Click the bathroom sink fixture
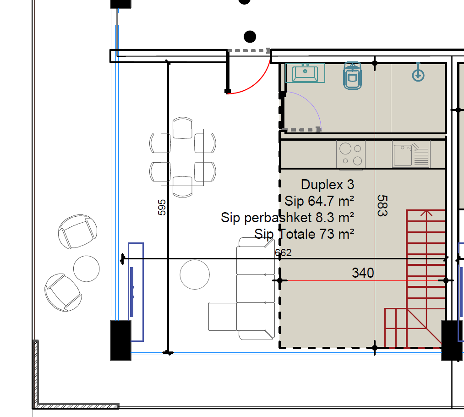pyautogui.click(x=305, y=73)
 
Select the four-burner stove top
pyautogui.click(x=351, y=154)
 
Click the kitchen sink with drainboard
pyautogui.click(x=411, y=154)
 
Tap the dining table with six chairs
pyautogui.click(x=183, y=157)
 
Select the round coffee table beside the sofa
pyautogui.click(x=195, y=274)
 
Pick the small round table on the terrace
pyautogui.click(x=87, y=269)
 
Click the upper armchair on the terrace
pyautogui.click(x=77, y=231)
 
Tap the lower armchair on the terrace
pyautogui.click(x=63, y=292)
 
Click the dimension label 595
pyautogui.click(x=162, y=207)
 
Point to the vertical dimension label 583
pyautogui.click(x=382, y=206)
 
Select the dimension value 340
pyautogui.click(x=363, y=273)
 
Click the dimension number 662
pyautogui.click(x=283, y=253)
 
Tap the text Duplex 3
pyautogui.click(x=328, y=185)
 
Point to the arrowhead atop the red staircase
pyautogui.click(x=426, y=213)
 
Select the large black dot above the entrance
pyautogui.click(x=250, y=37)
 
